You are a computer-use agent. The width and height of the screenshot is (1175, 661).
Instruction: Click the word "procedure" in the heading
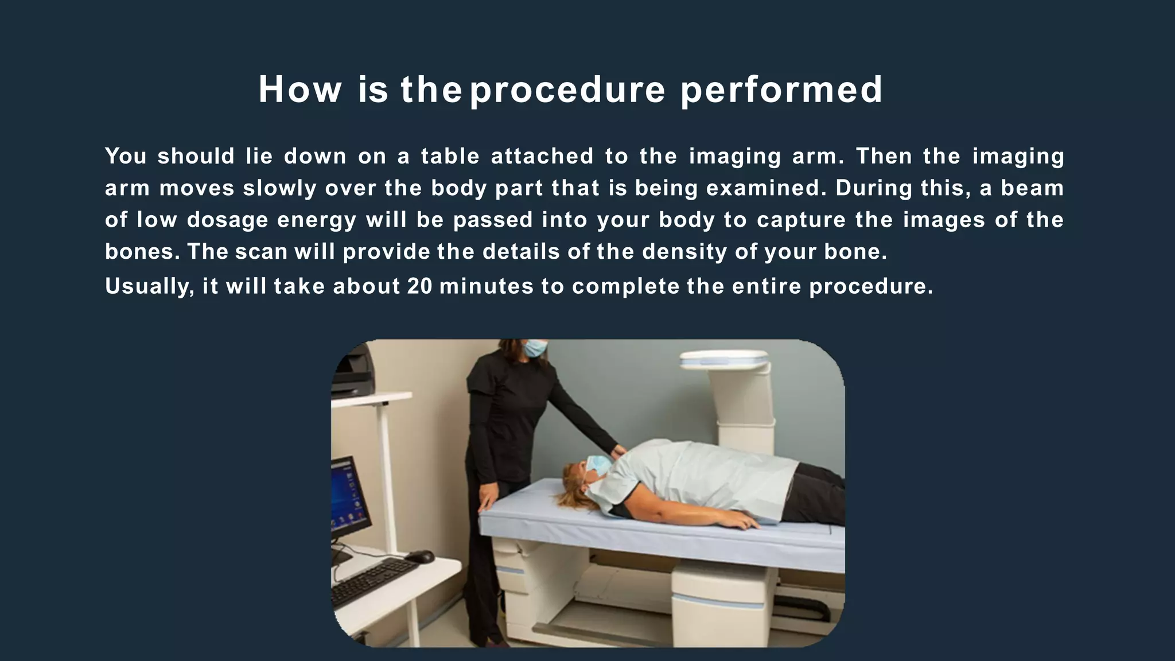567,90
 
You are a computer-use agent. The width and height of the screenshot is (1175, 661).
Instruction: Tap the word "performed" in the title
781,90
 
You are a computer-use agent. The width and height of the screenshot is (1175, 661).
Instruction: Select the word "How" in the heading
299,90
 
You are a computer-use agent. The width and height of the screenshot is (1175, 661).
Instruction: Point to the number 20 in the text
419,286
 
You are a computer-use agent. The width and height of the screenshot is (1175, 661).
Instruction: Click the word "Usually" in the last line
149,286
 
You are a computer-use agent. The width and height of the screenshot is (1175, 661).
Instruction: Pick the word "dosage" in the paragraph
227,220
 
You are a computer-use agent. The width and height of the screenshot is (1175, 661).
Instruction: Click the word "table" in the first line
450,157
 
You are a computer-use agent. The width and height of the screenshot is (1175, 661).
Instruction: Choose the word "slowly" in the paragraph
279,189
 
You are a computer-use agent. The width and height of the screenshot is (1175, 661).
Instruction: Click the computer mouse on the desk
420,556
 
